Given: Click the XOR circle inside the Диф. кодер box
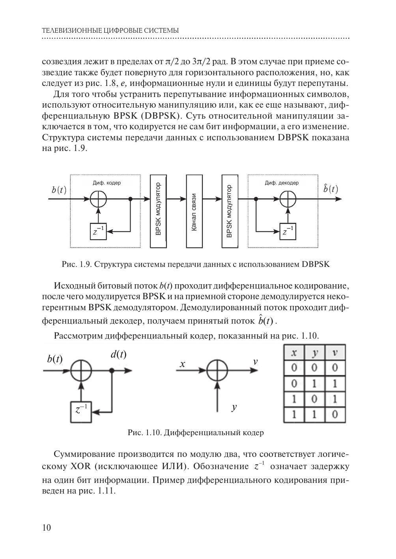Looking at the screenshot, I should pos(99,199).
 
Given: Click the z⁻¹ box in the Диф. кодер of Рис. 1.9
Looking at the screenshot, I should pos(98,231).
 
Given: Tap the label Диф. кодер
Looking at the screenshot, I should pos(107,183).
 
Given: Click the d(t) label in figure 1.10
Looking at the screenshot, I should pos(118,354).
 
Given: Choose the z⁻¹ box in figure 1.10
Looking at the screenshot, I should pos(80,411).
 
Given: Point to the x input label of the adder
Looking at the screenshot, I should pos(182,364).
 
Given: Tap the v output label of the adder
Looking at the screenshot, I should pos(255,361).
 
